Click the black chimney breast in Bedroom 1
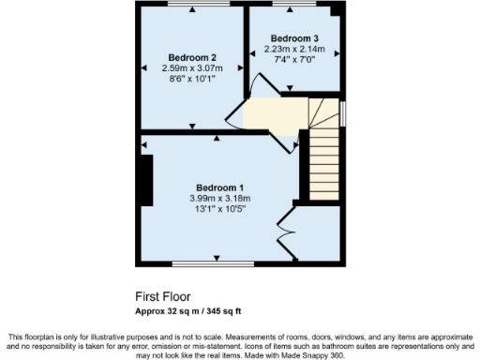pyautogui.click(x=145, y=180)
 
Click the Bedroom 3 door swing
pyautogui.click(x=263, y=86)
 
